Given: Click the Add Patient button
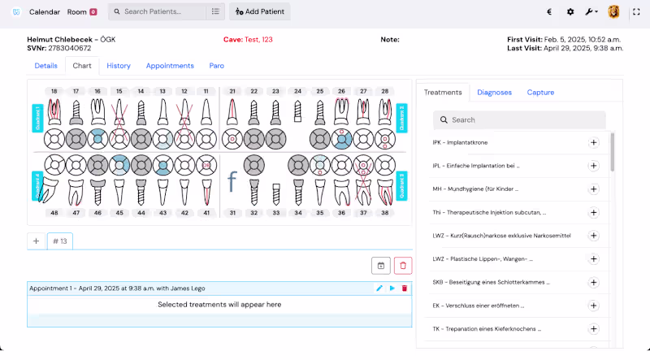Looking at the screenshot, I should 259,12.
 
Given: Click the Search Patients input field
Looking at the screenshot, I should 158,12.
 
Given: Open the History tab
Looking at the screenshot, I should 119,66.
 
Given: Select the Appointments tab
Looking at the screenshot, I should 170,66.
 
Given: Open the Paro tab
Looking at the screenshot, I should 216,66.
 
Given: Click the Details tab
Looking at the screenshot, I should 45,66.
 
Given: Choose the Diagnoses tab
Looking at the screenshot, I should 494,93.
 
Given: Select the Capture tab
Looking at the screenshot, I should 540,93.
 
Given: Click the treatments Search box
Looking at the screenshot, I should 520,119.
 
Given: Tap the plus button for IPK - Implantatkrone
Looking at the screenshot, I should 593,142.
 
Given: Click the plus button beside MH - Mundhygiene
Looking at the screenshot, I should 593,189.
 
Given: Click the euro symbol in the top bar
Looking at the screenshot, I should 550,12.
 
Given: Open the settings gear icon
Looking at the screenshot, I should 570,12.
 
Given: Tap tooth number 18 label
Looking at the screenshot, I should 54,91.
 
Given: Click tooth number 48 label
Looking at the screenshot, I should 54,213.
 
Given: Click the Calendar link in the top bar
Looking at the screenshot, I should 45,12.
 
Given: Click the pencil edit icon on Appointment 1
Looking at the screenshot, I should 379,288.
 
